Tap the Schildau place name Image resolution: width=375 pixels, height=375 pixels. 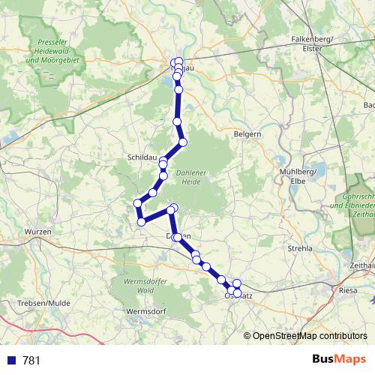142,158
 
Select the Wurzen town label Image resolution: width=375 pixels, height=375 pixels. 38,232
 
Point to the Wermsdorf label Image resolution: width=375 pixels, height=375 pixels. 145,310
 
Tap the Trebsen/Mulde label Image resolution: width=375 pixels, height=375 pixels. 31,302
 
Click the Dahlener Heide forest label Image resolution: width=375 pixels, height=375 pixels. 192,177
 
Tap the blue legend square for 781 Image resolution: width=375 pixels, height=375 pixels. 11,360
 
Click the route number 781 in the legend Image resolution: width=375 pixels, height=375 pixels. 31,360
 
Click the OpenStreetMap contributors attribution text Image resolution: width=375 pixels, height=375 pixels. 310,336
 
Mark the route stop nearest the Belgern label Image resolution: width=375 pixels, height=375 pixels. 182,142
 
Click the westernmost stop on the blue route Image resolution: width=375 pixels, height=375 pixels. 137,202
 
